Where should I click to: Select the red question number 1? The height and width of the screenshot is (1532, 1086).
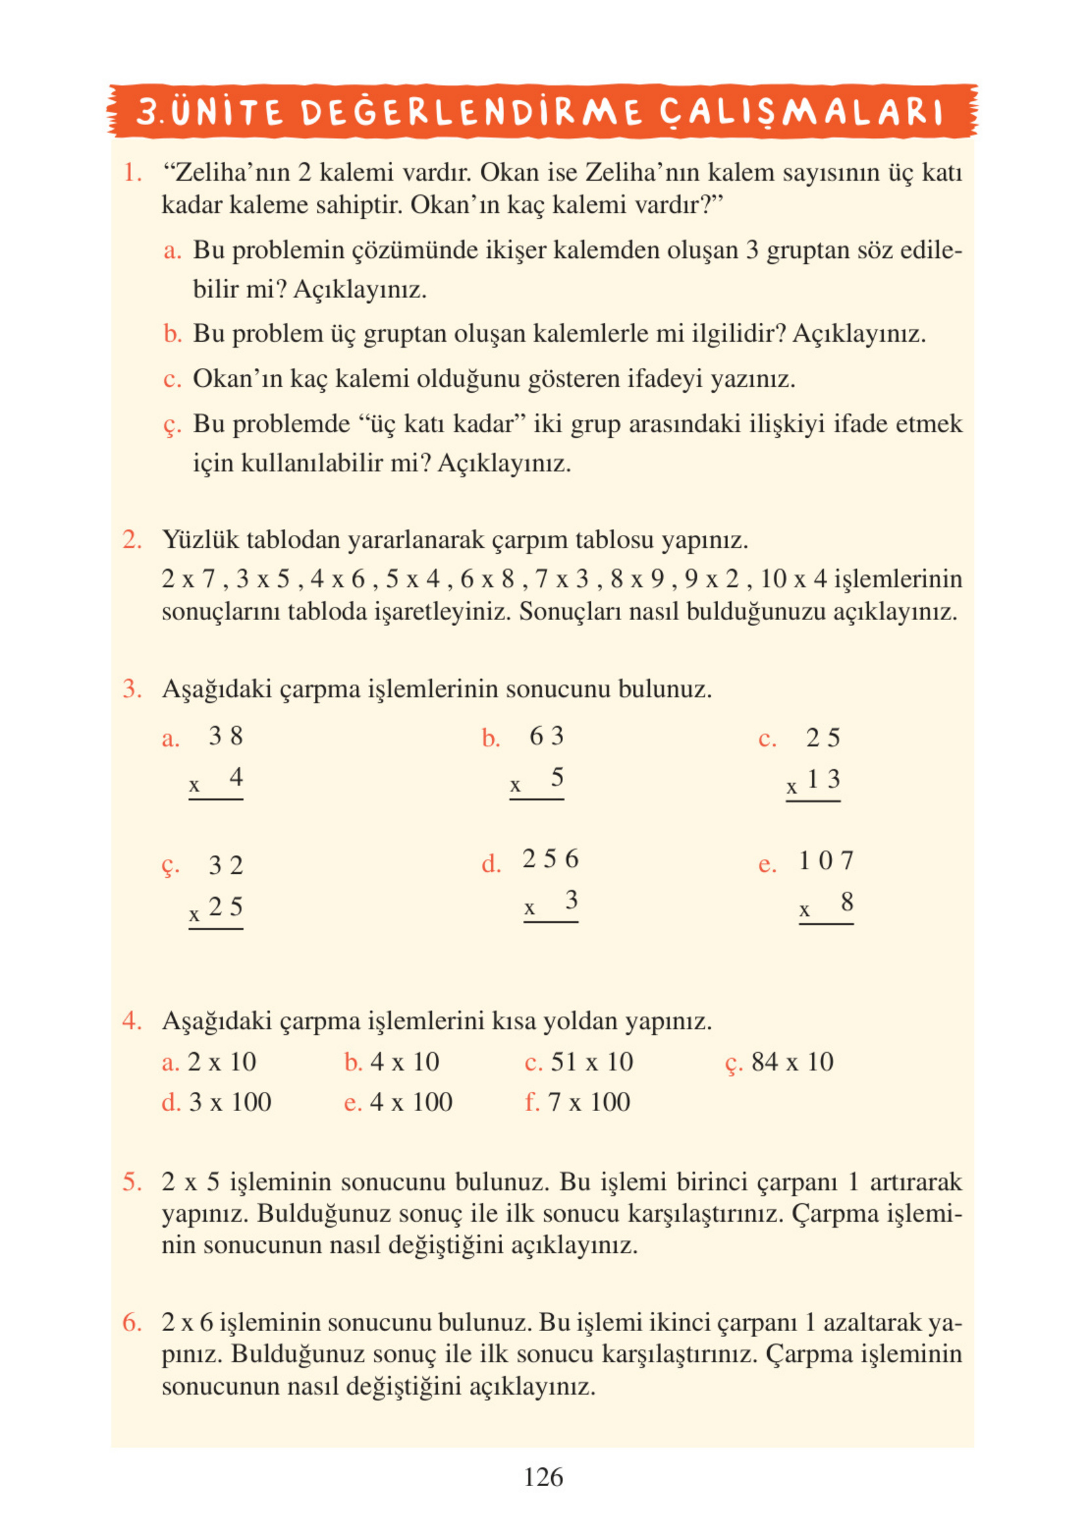tap(132, 173)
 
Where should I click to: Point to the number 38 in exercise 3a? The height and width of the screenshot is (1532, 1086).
tap(225, 737)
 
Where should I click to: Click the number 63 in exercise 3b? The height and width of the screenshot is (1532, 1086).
tap(547, 737)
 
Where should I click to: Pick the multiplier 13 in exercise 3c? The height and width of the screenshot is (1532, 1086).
tap(824, 779)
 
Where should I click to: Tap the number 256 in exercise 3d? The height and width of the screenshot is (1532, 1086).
tap(551, 859)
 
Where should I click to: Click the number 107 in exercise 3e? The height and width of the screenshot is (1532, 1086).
tap(827, 861)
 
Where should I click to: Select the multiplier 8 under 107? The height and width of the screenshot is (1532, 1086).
tap(846, 902)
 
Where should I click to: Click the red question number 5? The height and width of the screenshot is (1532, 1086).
tap(132, 1182)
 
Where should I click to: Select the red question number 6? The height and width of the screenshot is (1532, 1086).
tap(132, 1322)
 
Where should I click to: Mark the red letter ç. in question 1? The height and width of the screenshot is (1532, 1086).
tap(172, 426)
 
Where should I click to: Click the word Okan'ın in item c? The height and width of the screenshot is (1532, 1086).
tap(238, 379)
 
